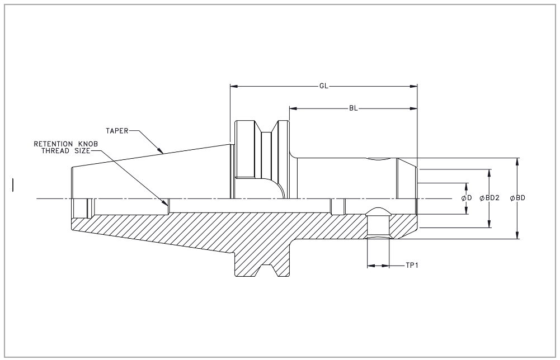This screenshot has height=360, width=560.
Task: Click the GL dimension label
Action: (323, 87)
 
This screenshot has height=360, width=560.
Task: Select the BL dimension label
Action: (354, 108)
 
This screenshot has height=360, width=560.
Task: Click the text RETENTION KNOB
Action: (66, 144)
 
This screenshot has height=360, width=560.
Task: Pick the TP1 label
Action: (412, 266)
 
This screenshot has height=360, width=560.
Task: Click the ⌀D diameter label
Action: (467, 198)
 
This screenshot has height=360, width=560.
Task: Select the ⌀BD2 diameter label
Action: (490, 198)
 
